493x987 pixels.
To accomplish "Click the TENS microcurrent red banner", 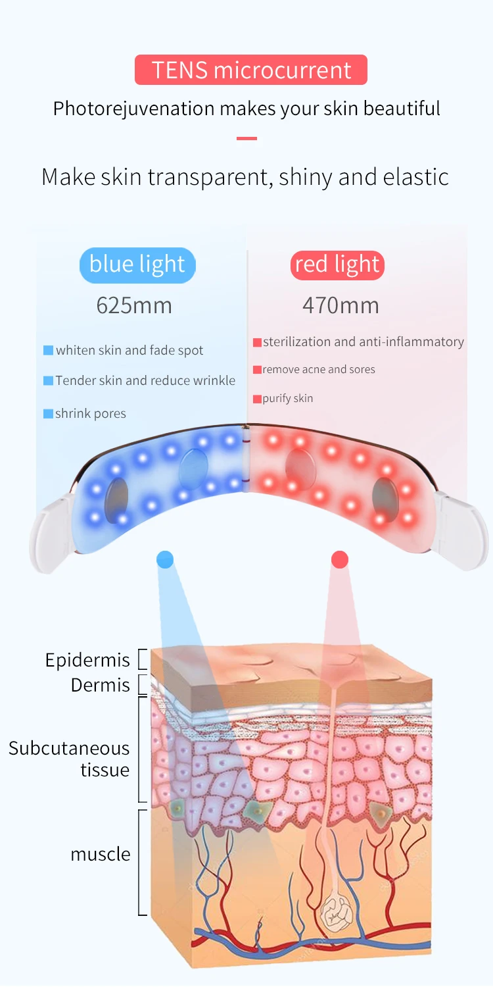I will (x=250, y=70).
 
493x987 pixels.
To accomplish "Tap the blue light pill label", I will (x=137, y=265).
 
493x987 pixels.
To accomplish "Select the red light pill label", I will (x=337, y=265).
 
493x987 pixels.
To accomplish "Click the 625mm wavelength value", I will (x=134, y=305).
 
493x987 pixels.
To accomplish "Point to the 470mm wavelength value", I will (x=340, y=305).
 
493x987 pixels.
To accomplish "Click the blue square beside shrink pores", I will (x=48, y=414).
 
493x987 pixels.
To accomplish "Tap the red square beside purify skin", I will (x=257, y=399).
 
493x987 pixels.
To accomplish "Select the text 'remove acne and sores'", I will (x=319, y=370).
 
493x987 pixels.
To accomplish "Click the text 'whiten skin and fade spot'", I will (x=129, y=351).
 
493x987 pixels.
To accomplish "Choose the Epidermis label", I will (x=87, y=660).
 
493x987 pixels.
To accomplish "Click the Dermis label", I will (x=101, y=685).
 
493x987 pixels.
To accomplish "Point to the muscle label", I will (x=101, y=854).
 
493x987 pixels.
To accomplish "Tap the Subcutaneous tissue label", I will (x=70, y=759).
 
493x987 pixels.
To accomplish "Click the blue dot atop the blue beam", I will (x=165, y=560).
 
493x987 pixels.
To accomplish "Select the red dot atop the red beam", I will (x=340, y=560).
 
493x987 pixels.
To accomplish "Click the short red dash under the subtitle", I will (x=246, y=139).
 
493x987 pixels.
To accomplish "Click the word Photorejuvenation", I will (x=133, y=108).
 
